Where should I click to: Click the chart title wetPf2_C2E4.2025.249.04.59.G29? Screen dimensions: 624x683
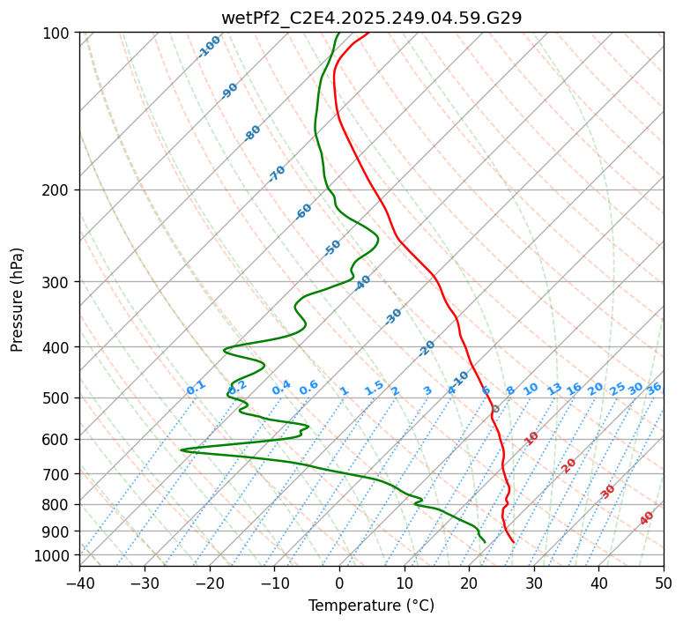click(x=371, y=17)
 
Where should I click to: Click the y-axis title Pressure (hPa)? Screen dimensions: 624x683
click(x=17, y=300)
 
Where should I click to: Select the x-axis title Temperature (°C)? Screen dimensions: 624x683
click(x=371, y=605)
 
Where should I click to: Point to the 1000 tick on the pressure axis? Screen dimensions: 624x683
click(x=55, y=555)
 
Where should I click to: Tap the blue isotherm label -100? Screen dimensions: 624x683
click(x=209, y=47)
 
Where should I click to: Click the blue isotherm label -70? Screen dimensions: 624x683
click(x=277, y=174)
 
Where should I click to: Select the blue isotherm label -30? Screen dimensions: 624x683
click(x=393, y=316)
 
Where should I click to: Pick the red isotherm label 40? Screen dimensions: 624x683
click(x=647, y=518)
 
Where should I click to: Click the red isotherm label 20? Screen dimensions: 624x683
click(x=569, y=464)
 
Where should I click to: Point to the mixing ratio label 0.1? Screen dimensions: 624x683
click(x=196, y=388)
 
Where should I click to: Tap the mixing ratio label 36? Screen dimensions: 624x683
click(x=654, y=388)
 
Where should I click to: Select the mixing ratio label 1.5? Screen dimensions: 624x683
click(x=374, y=388)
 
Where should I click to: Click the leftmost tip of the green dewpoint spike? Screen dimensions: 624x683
click(x=181, y=449)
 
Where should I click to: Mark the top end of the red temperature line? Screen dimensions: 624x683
click(x=368, y=33)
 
